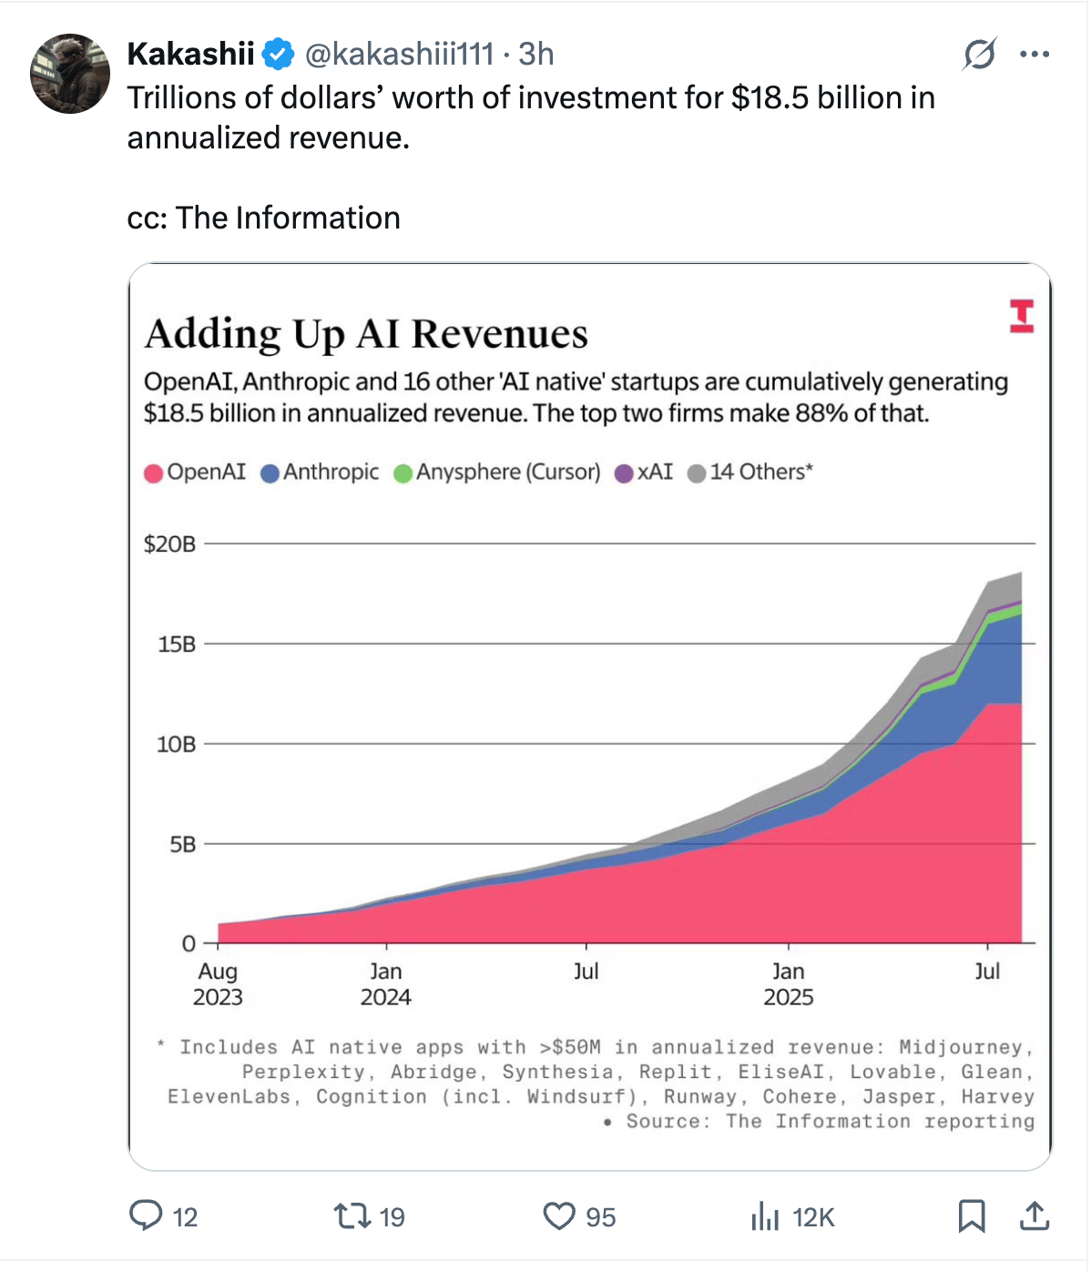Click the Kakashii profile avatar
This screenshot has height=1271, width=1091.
70,74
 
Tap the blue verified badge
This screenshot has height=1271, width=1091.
278,55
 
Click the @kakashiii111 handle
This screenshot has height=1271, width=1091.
399,55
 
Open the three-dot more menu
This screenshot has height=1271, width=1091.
1035,55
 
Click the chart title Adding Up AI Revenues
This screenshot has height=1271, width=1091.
366,333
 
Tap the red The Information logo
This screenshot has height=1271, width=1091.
1022,315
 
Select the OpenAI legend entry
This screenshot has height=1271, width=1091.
196,473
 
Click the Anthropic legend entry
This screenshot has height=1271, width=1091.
320,473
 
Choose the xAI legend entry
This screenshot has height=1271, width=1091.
645,473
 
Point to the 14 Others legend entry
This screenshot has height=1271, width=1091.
750,473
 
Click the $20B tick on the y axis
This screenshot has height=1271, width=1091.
170,544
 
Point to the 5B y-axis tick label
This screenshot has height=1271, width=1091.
182,844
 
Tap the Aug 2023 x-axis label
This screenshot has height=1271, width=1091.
218,984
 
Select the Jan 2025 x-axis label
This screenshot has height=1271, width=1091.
789,984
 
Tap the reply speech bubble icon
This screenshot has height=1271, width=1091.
146,1215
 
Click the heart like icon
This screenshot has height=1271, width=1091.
559,1215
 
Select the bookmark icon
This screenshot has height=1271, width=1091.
972,1215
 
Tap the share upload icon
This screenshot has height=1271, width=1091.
1035,1215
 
